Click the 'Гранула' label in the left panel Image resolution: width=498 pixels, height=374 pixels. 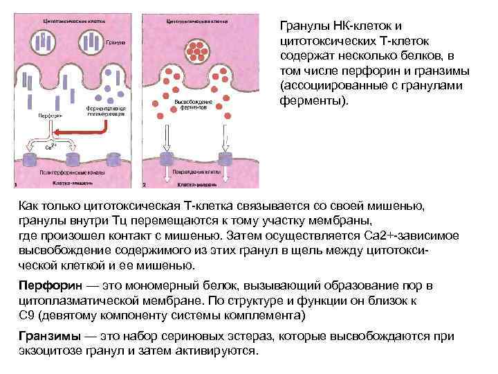(116, 42)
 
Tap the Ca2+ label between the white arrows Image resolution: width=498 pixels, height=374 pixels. (50, 147)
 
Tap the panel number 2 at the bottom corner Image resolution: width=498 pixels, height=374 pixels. (144, 185)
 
